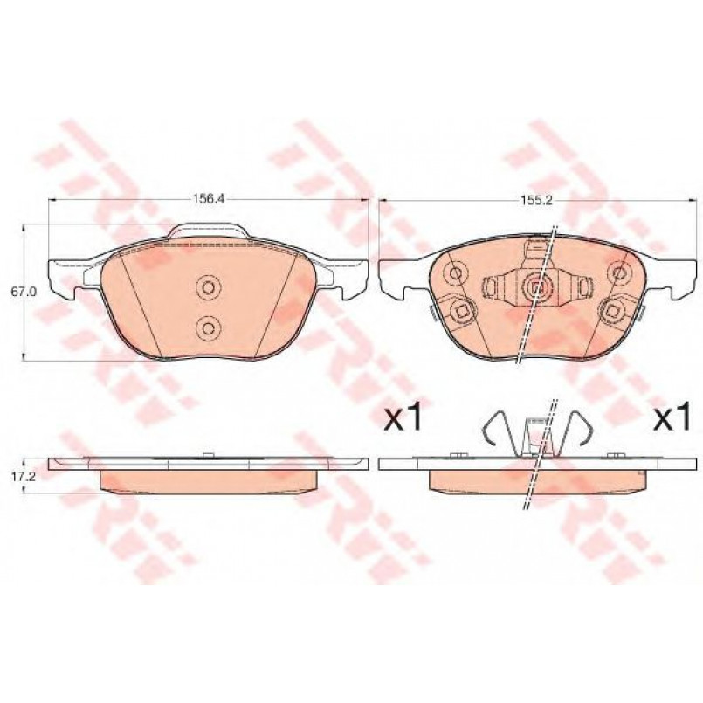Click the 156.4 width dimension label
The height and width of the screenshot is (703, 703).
pos(208,199)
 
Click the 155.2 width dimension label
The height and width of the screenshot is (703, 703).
pos(537,200)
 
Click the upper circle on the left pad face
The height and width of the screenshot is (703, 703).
pos(208,287)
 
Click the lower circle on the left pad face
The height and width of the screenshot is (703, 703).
pos(208,328)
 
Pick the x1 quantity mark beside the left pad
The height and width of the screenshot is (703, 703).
pos(403,417)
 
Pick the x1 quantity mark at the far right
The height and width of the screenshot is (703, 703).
pos(672,417)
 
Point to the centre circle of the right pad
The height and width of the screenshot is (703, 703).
pos(536,288)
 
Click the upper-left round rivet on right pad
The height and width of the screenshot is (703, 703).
pos(456,272)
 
